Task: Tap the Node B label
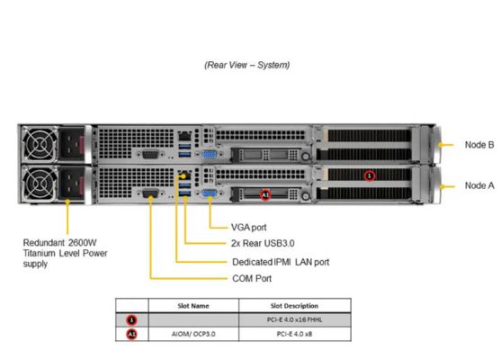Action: (479, 143)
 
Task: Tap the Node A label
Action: (479, 185)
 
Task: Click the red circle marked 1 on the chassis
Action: (369, 175)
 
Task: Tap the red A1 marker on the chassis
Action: (264, 193)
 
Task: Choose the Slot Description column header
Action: (294, 306)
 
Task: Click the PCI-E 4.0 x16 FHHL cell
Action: (294, 319)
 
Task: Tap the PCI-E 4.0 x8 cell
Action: (294, 333)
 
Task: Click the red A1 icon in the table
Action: (131, 333)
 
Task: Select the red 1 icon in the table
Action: (131, 319)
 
